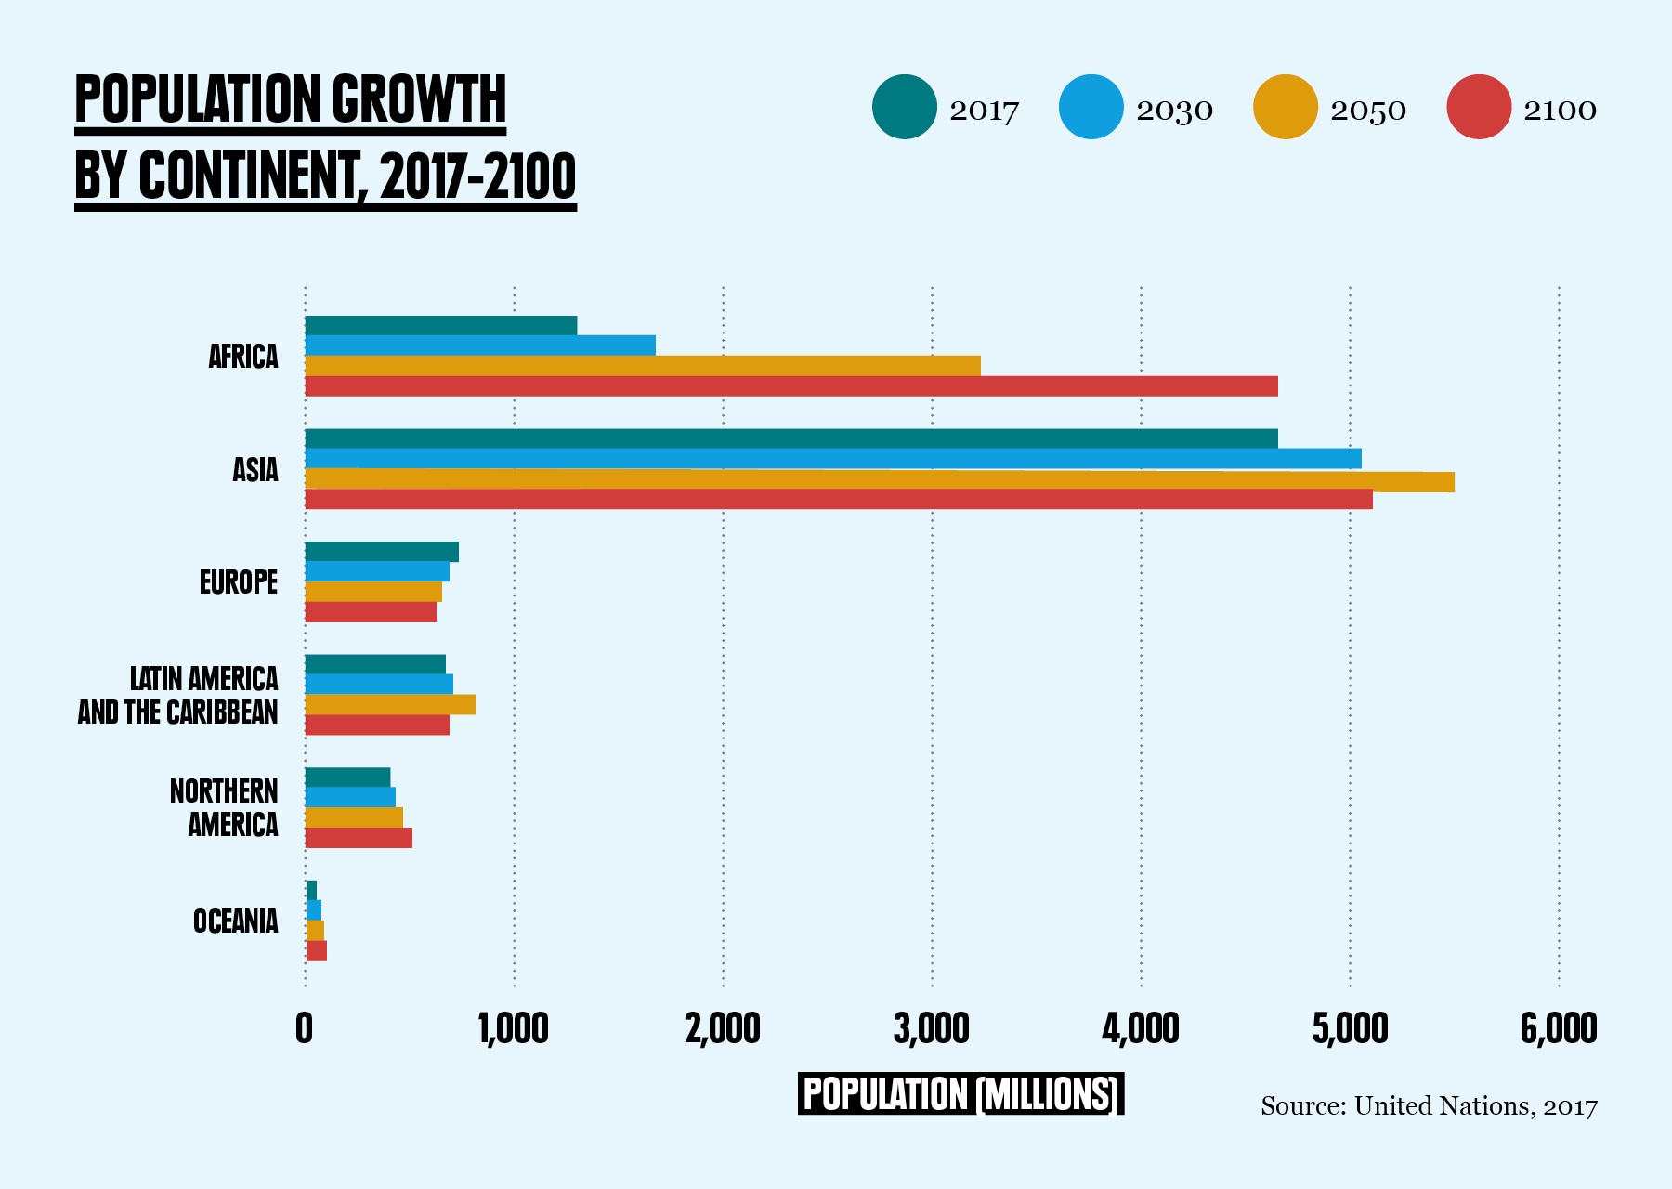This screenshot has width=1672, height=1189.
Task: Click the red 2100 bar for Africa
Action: click(791, 386)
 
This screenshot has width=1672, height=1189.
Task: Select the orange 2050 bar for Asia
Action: click(879, 479)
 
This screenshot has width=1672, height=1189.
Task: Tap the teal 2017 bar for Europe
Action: click(382, 552)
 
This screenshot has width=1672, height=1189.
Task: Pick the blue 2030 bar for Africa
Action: click(480, 346)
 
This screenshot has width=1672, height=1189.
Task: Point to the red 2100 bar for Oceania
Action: click(317, 950)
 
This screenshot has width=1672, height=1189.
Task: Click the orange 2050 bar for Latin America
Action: click(390, 704)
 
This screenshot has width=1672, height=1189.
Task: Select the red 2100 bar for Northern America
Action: click(359, 838)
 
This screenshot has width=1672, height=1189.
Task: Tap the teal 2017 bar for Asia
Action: click(791, 438)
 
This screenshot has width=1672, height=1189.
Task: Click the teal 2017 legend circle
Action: click(904, 107)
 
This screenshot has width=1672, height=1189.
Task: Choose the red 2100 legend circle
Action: click(1479, 107)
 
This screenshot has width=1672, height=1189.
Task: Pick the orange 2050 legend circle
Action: click(1285, 107)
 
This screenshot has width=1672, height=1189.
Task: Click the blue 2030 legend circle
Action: click(1091, 107)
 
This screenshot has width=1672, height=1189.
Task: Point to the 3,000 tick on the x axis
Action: click(932, 1028)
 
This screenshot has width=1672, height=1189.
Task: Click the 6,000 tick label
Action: click(1559, 1028)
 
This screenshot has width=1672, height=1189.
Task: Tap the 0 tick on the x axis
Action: click(304, 1028)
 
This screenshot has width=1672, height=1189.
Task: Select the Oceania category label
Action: click(236, 921)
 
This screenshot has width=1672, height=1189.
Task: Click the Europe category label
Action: click(239, 582)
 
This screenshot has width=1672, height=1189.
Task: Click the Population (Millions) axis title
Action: click(960, 1094)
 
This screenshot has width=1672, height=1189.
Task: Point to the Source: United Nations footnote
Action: click(1429, 1106)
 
